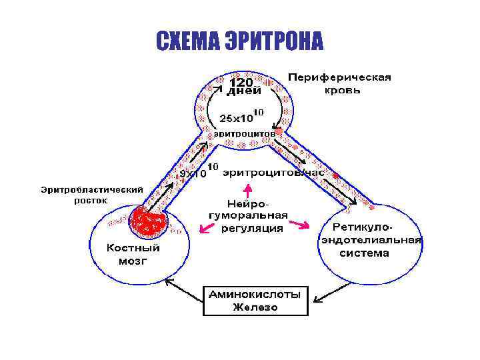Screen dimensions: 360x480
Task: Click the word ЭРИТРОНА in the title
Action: point(271,41)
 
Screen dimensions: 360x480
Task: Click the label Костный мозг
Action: point(133,255)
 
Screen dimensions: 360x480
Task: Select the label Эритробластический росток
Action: point(91,195)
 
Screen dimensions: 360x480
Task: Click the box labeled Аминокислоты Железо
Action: point(255,300)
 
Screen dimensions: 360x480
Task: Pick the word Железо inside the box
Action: point(255,307)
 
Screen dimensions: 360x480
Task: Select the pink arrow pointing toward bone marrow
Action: point(207,229)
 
